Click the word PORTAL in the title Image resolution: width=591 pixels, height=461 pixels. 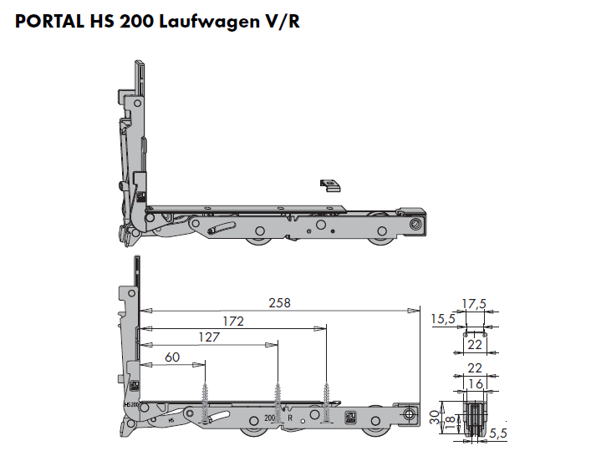[48, 23]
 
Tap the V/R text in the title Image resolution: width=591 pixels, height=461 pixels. [282, 23]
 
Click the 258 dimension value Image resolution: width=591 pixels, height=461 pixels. [280, 303]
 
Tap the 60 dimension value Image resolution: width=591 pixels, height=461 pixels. [172, 357]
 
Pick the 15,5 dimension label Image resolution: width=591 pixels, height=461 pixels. [443, 318]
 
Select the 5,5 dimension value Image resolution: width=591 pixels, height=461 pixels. [498, 433]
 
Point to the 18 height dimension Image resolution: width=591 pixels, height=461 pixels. [449, 423]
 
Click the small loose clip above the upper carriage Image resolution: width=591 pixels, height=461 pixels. [330, 185]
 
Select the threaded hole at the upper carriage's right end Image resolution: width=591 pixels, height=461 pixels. [415, 223]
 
